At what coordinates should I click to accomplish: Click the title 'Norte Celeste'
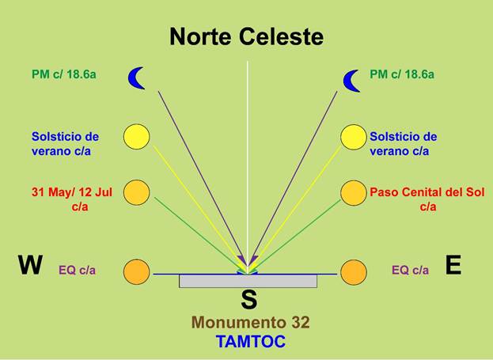pos(246,36)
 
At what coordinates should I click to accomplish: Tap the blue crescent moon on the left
pos(138,78)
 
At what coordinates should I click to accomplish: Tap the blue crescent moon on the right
pos(352,79)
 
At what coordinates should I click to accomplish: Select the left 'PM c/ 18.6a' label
pos(67,74)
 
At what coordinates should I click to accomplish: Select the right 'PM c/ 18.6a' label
pos(402,74)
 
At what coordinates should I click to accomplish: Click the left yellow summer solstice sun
pos(136,137)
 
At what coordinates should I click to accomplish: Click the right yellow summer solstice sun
pos(354,137)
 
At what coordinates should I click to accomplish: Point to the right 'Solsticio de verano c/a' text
pos(403,143)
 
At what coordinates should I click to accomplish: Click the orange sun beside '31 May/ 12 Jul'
pos(136,192)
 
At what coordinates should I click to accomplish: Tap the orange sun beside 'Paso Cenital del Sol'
pos(354,192)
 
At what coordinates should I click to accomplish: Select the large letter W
pos(30,266)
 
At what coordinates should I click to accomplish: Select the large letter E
pos(453,266)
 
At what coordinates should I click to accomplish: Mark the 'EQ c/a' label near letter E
pos(410,270)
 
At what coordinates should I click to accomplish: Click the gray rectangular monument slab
pos(248,281)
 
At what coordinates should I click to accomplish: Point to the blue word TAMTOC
pos(250,342)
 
